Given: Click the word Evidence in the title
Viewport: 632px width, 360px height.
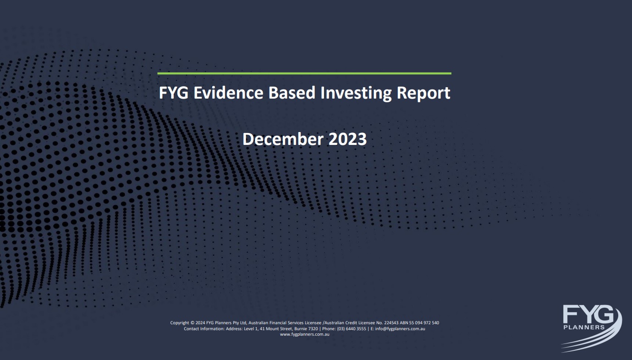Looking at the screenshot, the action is pyautogui.click(x=228, y=93).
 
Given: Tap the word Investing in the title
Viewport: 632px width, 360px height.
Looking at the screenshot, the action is pyautogui.click(x=356, y=93).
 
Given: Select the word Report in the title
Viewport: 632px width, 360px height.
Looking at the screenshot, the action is pyautogui.click(x=423, y=93).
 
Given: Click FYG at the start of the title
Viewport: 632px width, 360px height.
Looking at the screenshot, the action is pyautogui.click(x=174, y=93).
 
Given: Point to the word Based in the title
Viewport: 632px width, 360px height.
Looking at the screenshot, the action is pyautogui.click(x=292, y=93).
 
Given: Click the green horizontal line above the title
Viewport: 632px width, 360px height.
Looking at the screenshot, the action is pyautogui.click(x=304, y=73).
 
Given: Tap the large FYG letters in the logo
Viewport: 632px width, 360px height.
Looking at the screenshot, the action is pyautogui.click(x=588, y=314).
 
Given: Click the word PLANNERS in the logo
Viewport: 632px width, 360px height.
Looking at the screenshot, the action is pyautogui.click(x=584, y=327).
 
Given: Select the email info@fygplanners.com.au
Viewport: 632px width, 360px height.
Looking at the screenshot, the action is pyautogui.click(x=400, y=329).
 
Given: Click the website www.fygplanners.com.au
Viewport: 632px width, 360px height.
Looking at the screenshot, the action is pyautogui.click(x=304, y=334).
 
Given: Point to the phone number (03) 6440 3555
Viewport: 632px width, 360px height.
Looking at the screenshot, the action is pyautogui.click(x=352, y=329).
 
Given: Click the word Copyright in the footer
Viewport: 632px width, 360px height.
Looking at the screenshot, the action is pyautogui.click(x=180, y=323).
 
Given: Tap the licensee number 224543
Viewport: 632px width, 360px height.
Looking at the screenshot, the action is pyautogui.click(x=391, y=323).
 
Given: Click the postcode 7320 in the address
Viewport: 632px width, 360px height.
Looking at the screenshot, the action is pyautogui.click(x=313, y=329).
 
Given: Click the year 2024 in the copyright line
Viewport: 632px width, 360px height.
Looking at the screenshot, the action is pyautogui.click(x=200, y=323).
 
